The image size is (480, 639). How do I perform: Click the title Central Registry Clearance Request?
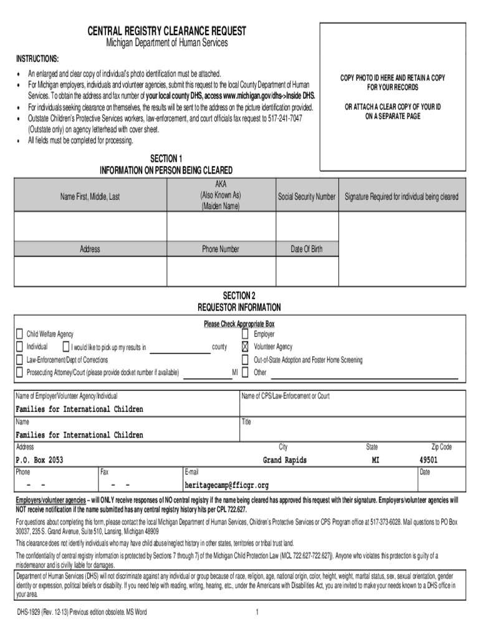point(166,31)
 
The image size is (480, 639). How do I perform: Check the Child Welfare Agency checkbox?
point(19,334)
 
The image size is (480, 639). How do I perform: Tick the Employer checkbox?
point(245,334)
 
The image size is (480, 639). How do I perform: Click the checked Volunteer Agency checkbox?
point(245,347)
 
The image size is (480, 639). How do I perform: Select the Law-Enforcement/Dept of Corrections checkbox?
point(19,360)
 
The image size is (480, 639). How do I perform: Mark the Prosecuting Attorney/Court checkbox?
point(19,373)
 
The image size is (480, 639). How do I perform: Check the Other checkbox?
point(245,373)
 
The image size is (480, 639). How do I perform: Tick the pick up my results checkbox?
point(65,347)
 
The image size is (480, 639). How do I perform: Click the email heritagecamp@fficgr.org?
point(226,485)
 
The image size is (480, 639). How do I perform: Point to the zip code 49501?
point(428,461)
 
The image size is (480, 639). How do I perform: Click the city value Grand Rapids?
point(284,461)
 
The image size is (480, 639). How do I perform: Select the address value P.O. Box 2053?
point(39,461)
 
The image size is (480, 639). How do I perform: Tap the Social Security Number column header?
point(307,197)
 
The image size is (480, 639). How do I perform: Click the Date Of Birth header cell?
point(307,249)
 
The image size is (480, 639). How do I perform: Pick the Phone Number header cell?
point(220,249)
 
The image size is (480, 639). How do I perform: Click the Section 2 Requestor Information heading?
point(239,301)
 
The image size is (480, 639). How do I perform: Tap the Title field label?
point(246,422)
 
